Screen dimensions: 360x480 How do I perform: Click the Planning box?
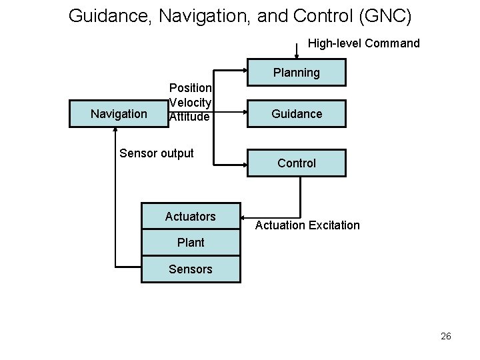[297, 72]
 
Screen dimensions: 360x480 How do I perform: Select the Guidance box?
[297, 114]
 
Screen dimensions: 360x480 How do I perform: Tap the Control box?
[297, 163]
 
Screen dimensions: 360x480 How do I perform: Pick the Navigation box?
[119, 114]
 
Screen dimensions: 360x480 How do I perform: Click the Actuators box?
[191, 217]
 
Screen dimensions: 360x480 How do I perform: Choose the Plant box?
[191, 243]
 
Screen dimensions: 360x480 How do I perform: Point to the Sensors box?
[191, 269]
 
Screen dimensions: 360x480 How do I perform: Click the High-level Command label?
[364, 43]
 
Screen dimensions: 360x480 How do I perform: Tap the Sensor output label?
[156, 153]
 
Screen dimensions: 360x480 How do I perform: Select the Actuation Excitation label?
[307, 225]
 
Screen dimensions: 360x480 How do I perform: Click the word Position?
[191, 88]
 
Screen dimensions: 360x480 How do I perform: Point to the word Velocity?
[191, 102]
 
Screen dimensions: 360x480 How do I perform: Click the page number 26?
[445, 336]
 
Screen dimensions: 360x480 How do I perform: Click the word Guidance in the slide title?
[111, 15]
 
